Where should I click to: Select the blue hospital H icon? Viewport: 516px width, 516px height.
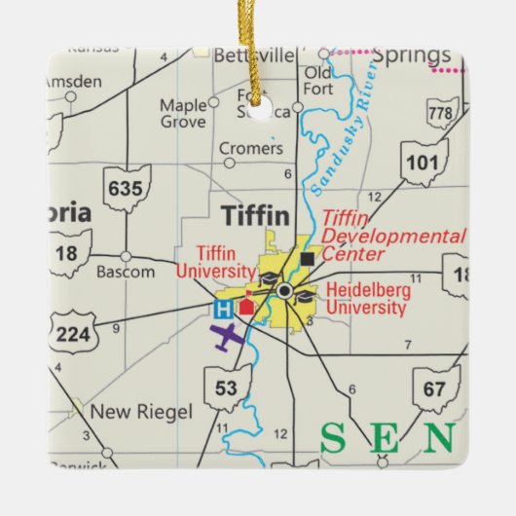pos(223,310)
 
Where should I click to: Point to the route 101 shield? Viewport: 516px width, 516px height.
pos(423,161)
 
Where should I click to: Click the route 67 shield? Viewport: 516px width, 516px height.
pos(435,388)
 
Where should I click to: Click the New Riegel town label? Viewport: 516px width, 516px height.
pos(141,412)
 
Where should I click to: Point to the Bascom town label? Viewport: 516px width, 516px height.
pos(126,272)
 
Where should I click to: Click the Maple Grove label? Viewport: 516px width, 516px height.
pos(183,113)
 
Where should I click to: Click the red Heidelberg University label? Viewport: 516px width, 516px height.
pos(367,299)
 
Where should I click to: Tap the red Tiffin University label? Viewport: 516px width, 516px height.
pos(216,262)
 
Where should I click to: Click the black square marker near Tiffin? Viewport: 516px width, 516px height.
pos(309,259)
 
